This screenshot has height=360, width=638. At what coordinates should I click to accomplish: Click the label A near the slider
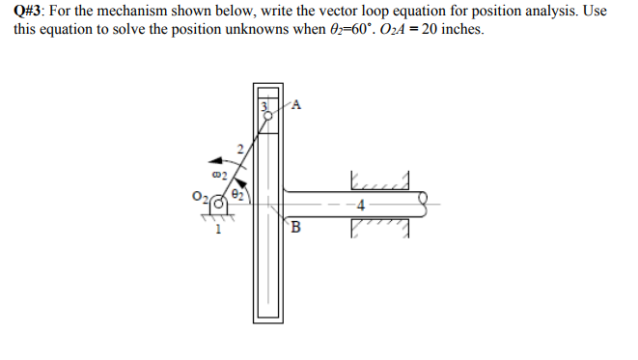(x=296, y=105)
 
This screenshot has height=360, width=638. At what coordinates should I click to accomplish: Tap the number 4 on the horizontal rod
(x=360, y=206)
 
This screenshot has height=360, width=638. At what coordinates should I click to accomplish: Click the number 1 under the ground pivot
(x=218, y=230)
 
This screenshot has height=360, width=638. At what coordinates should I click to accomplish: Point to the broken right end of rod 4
(x=421, y=204)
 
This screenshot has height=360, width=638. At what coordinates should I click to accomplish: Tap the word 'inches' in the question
(x=453, y=29)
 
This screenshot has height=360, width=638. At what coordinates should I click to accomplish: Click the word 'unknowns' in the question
(x=261, y=29)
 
